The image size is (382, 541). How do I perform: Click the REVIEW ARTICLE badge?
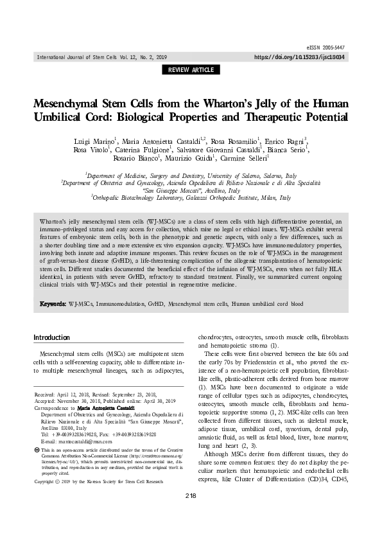tap(191, 69)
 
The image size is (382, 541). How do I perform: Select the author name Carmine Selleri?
tap(270, 158)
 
